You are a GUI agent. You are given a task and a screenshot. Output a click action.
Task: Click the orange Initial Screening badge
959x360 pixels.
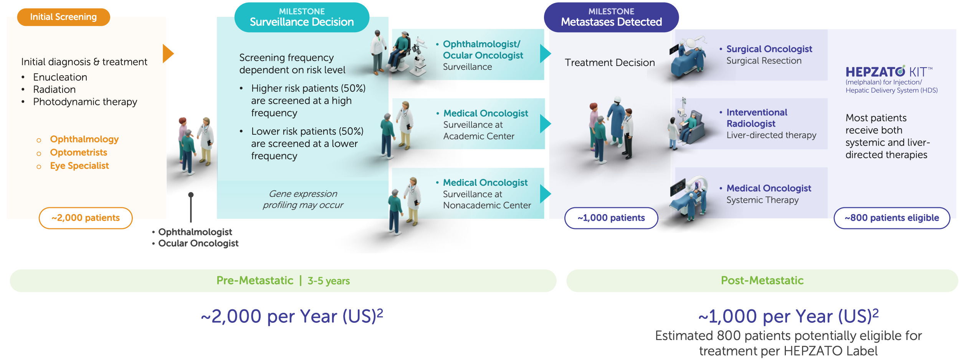[x=63, y=17]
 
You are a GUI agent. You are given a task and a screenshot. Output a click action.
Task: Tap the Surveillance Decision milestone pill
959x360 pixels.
[x=302, y=18]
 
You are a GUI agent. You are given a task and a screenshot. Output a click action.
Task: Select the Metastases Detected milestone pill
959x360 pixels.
[x=611, y=18]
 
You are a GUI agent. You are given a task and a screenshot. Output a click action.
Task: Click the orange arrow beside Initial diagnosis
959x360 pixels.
[x=168, y=53]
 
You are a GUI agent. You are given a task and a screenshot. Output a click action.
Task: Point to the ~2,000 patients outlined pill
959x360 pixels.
[x=86, y=218]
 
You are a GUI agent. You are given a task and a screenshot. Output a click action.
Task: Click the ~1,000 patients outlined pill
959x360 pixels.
[x=611, y=218]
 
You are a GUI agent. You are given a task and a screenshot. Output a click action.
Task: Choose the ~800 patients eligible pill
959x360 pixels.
[x=891, y=218]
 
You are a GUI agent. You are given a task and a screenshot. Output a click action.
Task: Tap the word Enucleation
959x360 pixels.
[x=60, y=77]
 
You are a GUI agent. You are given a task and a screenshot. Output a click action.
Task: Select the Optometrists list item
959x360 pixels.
[x=78, y=152]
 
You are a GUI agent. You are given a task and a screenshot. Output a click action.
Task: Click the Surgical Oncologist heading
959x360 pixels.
[x=769, y=49]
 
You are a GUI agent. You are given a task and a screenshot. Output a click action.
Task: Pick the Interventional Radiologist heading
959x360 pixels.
[x=756, y=118]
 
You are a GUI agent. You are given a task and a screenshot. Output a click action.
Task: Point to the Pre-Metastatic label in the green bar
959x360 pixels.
[x=255, y=281]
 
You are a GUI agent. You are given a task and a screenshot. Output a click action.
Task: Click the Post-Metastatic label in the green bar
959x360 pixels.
[x=762, y=281]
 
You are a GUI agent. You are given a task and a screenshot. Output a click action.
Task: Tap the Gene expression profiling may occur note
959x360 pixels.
[x=303, y=199]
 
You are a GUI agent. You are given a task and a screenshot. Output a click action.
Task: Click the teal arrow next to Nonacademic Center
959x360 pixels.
[x=545, y=194]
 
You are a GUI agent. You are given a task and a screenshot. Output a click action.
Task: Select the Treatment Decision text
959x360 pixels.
[x=610, y=63]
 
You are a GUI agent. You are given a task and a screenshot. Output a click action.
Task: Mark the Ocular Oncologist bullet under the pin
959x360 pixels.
[x=198, y=243]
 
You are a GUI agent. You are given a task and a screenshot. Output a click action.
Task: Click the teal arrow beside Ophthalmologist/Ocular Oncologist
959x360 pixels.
[x=545, y=54]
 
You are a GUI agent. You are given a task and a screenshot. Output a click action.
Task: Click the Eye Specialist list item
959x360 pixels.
[x=79, y=166]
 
